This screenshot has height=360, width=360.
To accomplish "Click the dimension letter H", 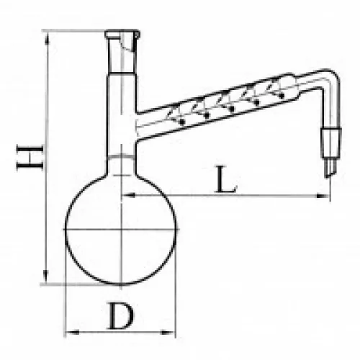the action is [30, 158].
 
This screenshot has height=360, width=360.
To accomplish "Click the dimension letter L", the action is [226, 179].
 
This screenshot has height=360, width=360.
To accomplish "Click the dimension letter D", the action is [121, 315].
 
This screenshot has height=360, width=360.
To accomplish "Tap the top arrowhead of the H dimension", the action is [47, 38].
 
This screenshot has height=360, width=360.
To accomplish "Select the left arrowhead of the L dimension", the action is [129, 195].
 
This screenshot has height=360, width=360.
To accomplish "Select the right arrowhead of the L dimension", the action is [323, 196].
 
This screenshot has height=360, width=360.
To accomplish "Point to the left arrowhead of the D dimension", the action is [72, 333].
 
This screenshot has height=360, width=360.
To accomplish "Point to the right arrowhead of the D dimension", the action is [167, 333].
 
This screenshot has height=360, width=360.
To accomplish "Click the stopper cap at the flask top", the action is [122, 35].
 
